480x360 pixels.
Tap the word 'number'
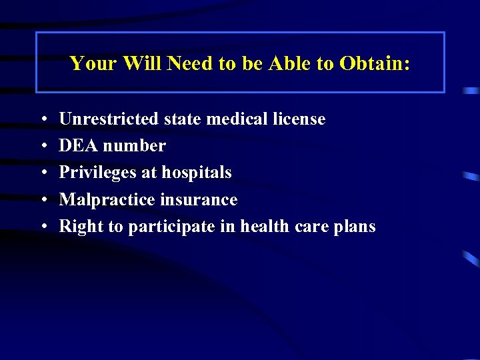click(133, 146)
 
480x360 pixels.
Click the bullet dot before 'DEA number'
click(43, 147)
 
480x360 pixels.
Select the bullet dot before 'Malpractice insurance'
click(43, 200)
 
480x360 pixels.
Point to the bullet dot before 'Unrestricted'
click(43, 120)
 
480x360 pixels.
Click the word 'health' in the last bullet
click(264, 226)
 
